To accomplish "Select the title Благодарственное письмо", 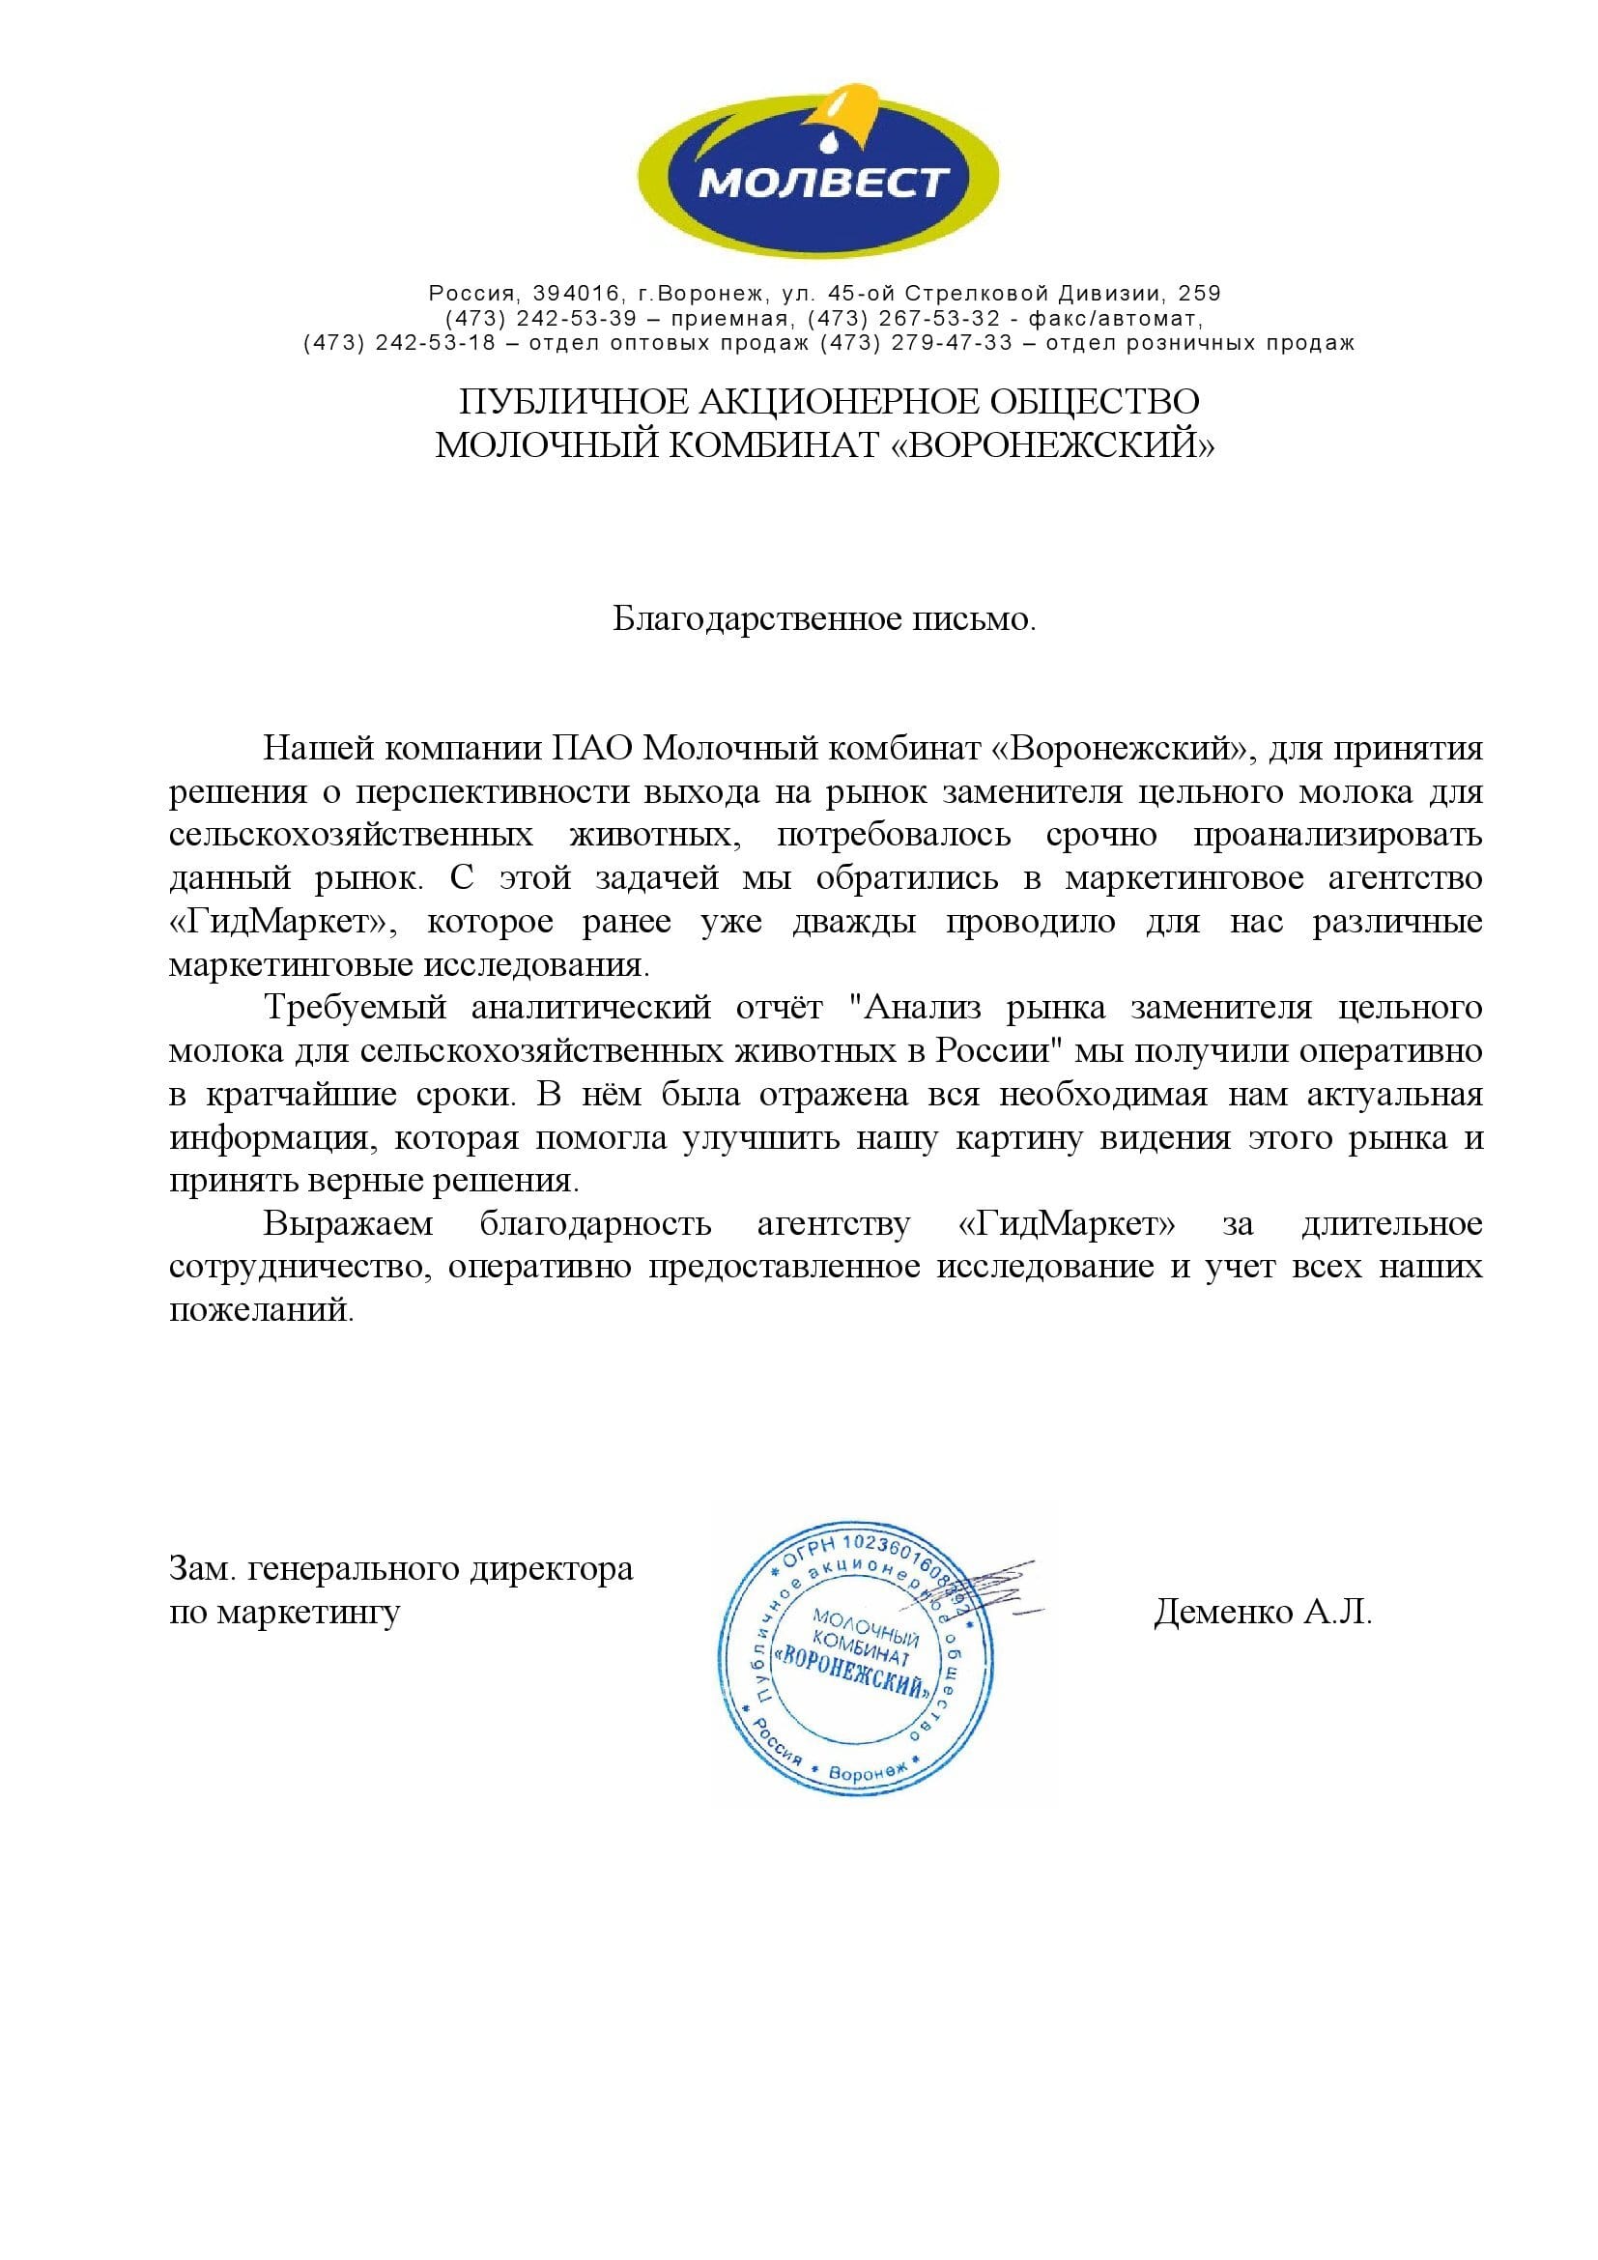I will [824, 620].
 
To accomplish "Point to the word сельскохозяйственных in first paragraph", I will [352, 836].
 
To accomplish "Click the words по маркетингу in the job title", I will [284, 1614].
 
